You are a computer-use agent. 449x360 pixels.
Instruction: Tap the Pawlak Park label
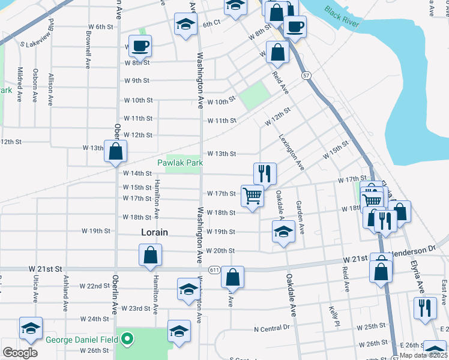[180, 163]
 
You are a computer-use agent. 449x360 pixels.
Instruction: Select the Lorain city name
[154, 232]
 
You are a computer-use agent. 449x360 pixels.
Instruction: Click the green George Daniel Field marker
[126, 340]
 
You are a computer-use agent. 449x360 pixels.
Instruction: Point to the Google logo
[20, 352]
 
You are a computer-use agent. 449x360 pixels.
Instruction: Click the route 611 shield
[214, 270]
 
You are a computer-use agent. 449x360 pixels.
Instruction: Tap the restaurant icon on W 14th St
[265, 173]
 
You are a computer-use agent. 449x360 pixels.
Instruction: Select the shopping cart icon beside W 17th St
[253, 195]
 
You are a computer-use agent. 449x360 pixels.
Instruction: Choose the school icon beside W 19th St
[283, 232]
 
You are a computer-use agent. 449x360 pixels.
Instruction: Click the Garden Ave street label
[300, 217]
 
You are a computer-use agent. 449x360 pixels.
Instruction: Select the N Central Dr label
[272, 329]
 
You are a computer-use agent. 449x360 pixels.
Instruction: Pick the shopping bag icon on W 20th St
[149, 255]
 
